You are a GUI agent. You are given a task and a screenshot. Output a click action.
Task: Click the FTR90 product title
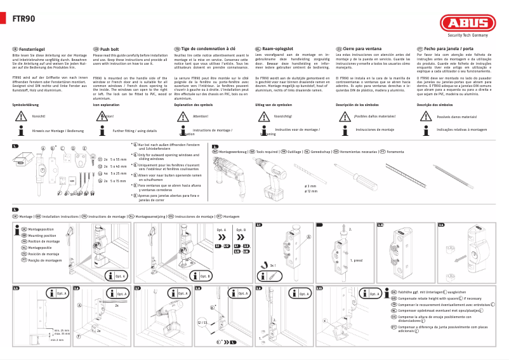tap(23, 18)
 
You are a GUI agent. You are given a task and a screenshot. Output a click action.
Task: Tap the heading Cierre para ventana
tap(358, 48)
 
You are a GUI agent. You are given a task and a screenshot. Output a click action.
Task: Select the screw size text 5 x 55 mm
tap(118, 158)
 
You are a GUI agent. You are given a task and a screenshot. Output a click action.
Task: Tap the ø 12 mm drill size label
tap(311, 190)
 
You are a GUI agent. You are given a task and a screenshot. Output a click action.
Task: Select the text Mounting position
tap(43, 235)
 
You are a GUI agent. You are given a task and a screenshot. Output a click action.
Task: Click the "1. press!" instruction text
tap(356, 261)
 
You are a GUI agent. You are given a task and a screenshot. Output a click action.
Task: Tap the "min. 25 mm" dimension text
tap(62, 330)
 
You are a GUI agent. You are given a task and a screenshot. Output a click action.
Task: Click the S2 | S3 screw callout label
tap(202, 323)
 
